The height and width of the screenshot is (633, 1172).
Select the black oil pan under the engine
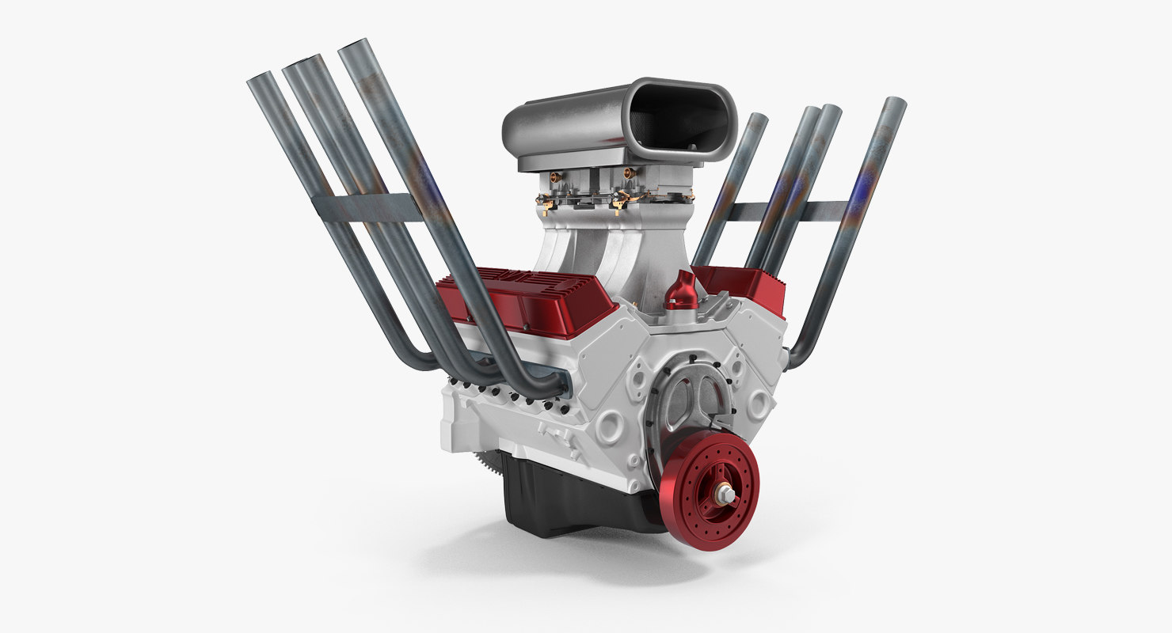coord(570,498)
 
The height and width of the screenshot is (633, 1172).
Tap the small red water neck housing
coord(680,291)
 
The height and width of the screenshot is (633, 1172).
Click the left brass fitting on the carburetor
coord(554,176)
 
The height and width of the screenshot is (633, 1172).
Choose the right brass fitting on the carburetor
coord(630,172)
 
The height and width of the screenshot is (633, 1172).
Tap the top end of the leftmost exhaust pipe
coord(259,79)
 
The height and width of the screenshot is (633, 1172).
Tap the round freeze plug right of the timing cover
coord(759,404)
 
